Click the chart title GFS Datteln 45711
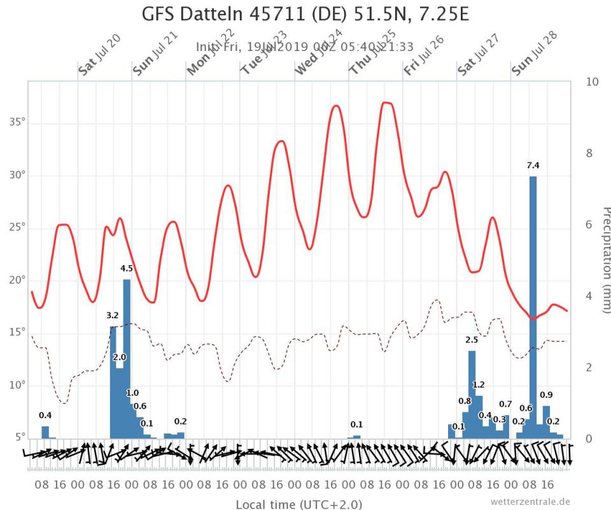[x=305, y=14]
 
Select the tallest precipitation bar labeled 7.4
[x=533, y=306]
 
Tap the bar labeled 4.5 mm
[x=127, y=357]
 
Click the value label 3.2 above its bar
[x=113, y=315]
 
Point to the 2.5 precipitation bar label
[x=472, y=340]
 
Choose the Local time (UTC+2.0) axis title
[x=299, y=504]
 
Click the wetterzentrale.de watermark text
[x=530, y=501]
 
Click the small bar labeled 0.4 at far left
[x=45, y=432]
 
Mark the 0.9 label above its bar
[x=546, y=395]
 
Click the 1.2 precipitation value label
[x=479, y=384]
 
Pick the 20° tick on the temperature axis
[x=17, y=280]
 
